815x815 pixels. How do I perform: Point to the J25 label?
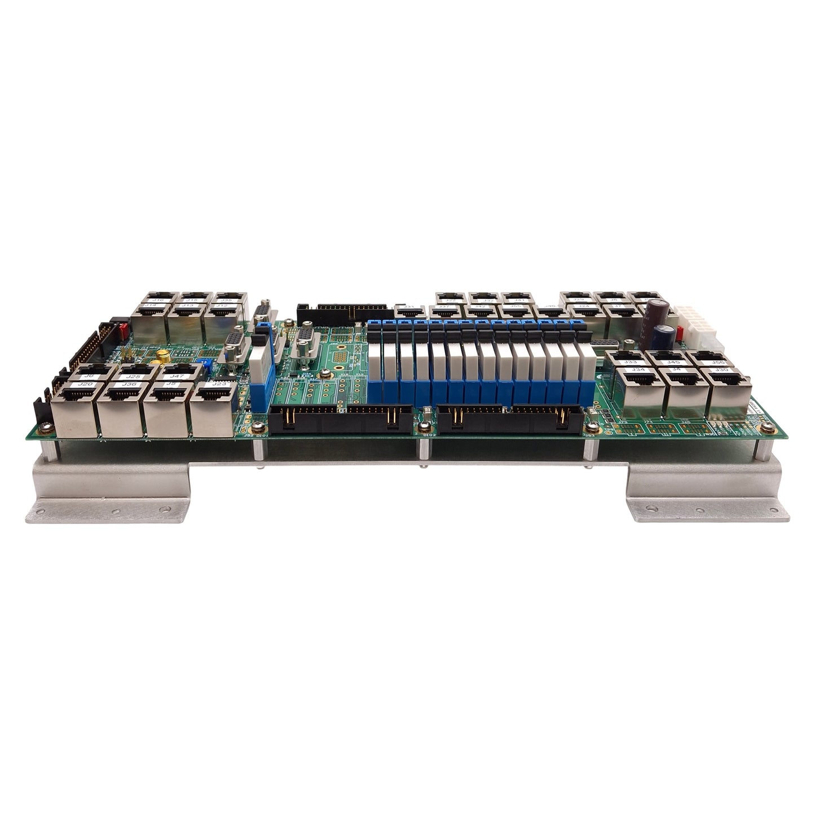133,375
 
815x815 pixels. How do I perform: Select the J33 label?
631,362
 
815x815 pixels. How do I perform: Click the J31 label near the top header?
410,307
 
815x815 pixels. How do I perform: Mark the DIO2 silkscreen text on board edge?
428,435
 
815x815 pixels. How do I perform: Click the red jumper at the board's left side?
119,328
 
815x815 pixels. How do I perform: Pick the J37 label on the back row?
443,307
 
